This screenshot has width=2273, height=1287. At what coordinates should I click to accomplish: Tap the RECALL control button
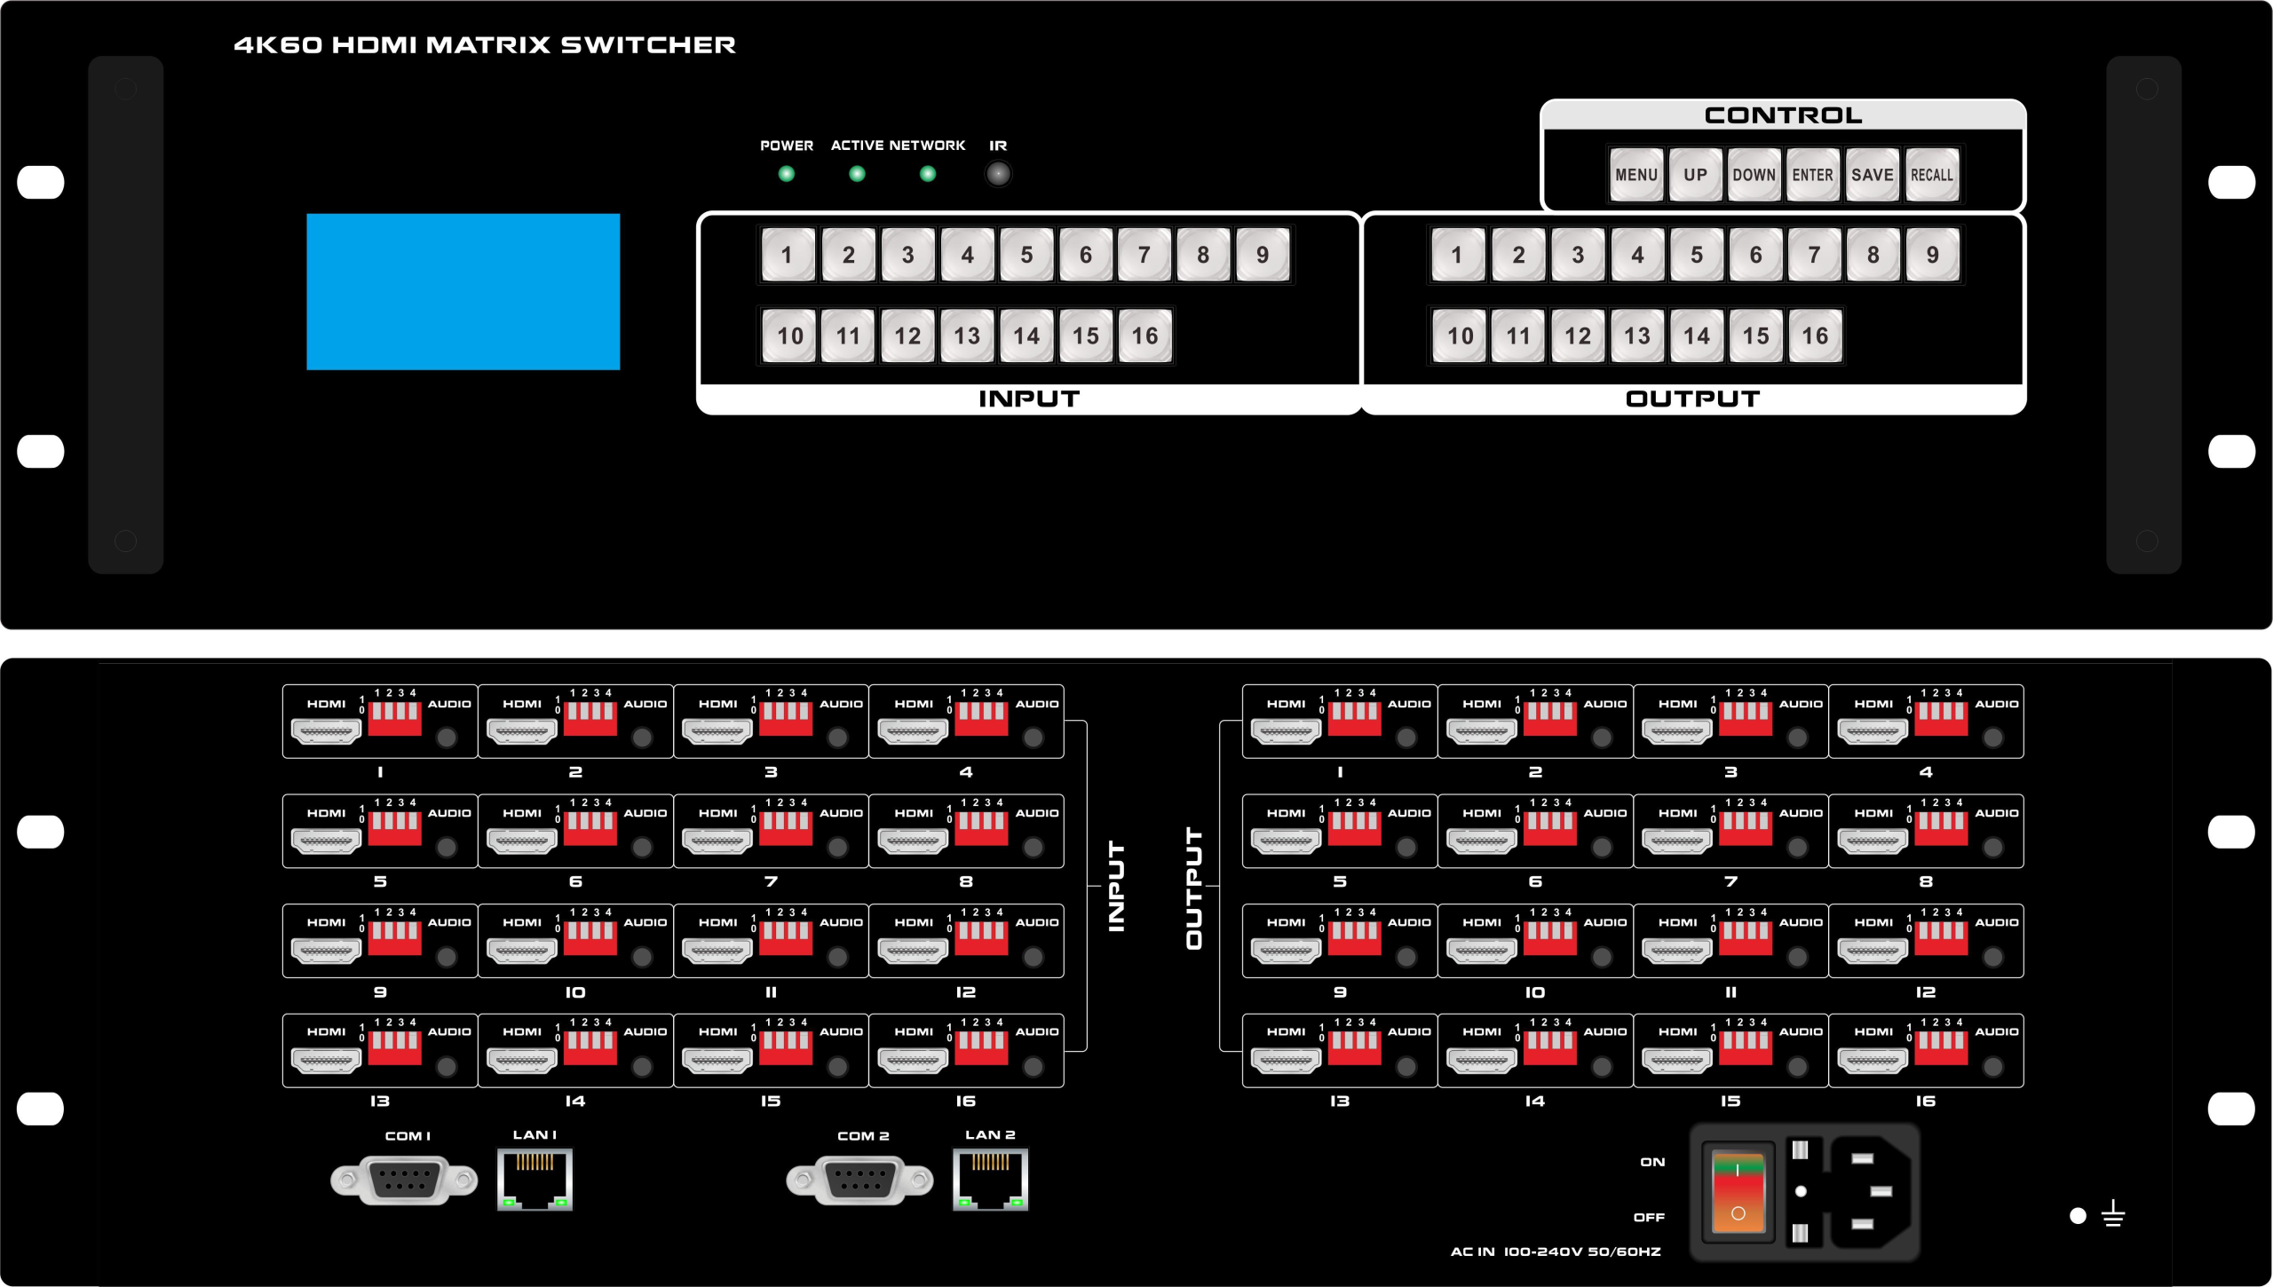tap(1931, 175)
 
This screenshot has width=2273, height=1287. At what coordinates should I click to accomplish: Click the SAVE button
tap(1872, 175)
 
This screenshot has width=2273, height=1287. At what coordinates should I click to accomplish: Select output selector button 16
tap(1814, 336)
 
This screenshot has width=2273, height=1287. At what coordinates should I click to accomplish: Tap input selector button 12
tap(907, 336)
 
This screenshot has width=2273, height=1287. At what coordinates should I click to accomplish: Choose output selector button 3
tap(1577, 256)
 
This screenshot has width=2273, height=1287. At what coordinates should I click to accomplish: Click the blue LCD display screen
tap(463, 291)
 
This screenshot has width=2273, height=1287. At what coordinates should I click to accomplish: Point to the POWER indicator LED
tap(786, 174)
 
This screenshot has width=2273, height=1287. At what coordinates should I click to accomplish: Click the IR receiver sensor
tap(998, 174)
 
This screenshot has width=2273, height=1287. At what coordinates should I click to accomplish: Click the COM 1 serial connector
tap(404, 1180)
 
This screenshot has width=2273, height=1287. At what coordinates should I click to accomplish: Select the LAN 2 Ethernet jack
tap(990, 1179)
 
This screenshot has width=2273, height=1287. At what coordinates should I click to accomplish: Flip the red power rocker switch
tap(1738, 1191)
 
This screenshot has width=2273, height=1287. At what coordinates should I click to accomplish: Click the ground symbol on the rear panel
tap(2113, 1213)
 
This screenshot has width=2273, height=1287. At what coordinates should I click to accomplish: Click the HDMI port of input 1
tap(326, 732)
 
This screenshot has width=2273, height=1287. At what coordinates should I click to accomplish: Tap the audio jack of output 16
tap(1992, 1066)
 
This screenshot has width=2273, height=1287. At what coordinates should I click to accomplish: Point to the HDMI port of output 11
tap(1676, 951)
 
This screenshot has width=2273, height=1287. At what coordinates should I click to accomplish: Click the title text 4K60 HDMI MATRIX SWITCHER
tap(485, 45)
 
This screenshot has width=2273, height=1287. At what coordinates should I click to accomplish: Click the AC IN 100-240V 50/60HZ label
tap(1555, 1251)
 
